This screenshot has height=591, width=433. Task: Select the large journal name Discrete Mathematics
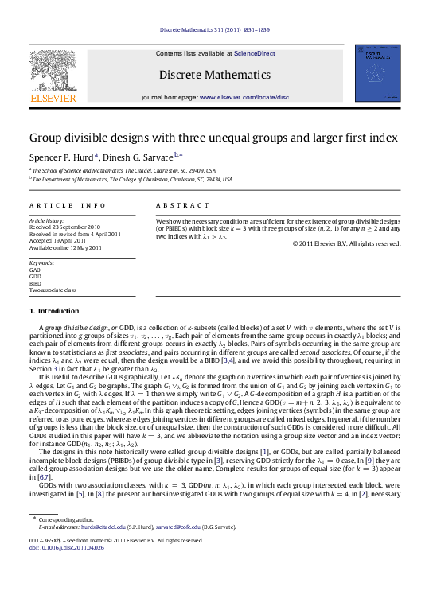click(x=216, y=74)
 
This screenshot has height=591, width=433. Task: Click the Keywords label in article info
click(x=41, y=261)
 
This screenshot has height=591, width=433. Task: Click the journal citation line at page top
click(x=216, y=29)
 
